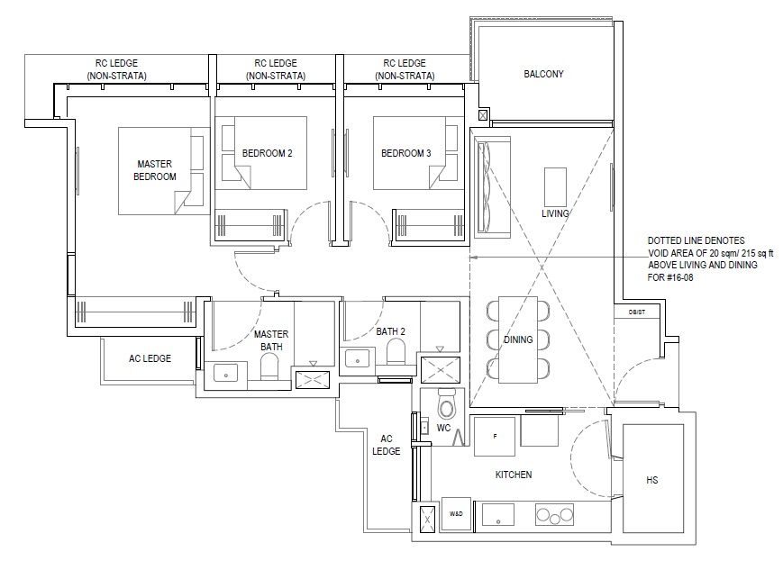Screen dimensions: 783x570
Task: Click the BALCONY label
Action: click(x=543, y=74)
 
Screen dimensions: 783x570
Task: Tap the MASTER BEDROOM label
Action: click(x=155, y=170)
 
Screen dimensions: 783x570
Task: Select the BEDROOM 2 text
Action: click(x=268, y=153)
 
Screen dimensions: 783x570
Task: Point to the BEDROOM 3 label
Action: click(x=406, y=153)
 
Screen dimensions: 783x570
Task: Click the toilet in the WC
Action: click(x=445, y=404)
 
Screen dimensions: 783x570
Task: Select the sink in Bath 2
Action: click(x=357, y=357)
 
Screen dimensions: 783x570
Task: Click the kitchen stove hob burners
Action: click(x=554, y=514)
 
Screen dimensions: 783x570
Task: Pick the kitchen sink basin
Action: click(x=498, y=514)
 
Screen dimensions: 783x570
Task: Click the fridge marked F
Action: click(x=495, y=436)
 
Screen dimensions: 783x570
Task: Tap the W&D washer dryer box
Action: click(x=456, y=513)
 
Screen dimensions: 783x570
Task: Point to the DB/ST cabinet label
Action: click(x=637, y=312)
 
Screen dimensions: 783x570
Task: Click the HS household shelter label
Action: click(x=651, y=480)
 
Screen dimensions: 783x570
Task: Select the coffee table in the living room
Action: click(x=555, y=187)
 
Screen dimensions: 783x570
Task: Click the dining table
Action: click(x=518, y=339)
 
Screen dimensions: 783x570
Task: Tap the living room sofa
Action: click(x=491, y=186)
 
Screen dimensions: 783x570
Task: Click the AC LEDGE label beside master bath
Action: click(x=150, y=358)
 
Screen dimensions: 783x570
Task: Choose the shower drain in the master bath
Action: click(x=313, y=380)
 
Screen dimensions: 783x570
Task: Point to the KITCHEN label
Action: click(x=514, y=475)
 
